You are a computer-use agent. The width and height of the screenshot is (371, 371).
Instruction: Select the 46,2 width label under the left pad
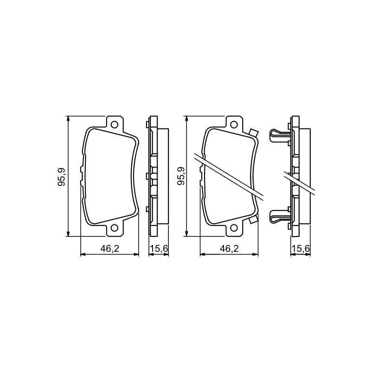(109, 248)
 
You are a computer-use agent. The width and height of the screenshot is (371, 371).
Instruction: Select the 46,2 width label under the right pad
(229, 248)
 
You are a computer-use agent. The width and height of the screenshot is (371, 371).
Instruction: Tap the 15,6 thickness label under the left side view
(159, 249)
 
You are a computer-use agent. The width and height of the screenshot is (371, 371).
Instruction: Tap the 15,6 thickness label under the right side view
(301, 249)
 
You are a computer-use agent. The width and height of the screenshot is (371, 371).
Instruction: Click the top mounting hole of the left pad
(115, 124)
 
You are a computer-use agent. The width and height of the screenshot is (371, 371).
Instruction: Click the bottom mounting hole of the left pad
(115, 228)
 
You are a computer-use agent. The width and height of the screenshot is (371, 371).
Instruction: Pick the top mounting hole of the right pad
(234, 124)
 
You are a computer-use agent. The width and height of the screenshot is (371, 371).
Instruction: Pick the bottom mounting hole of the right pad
(234, 228)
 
